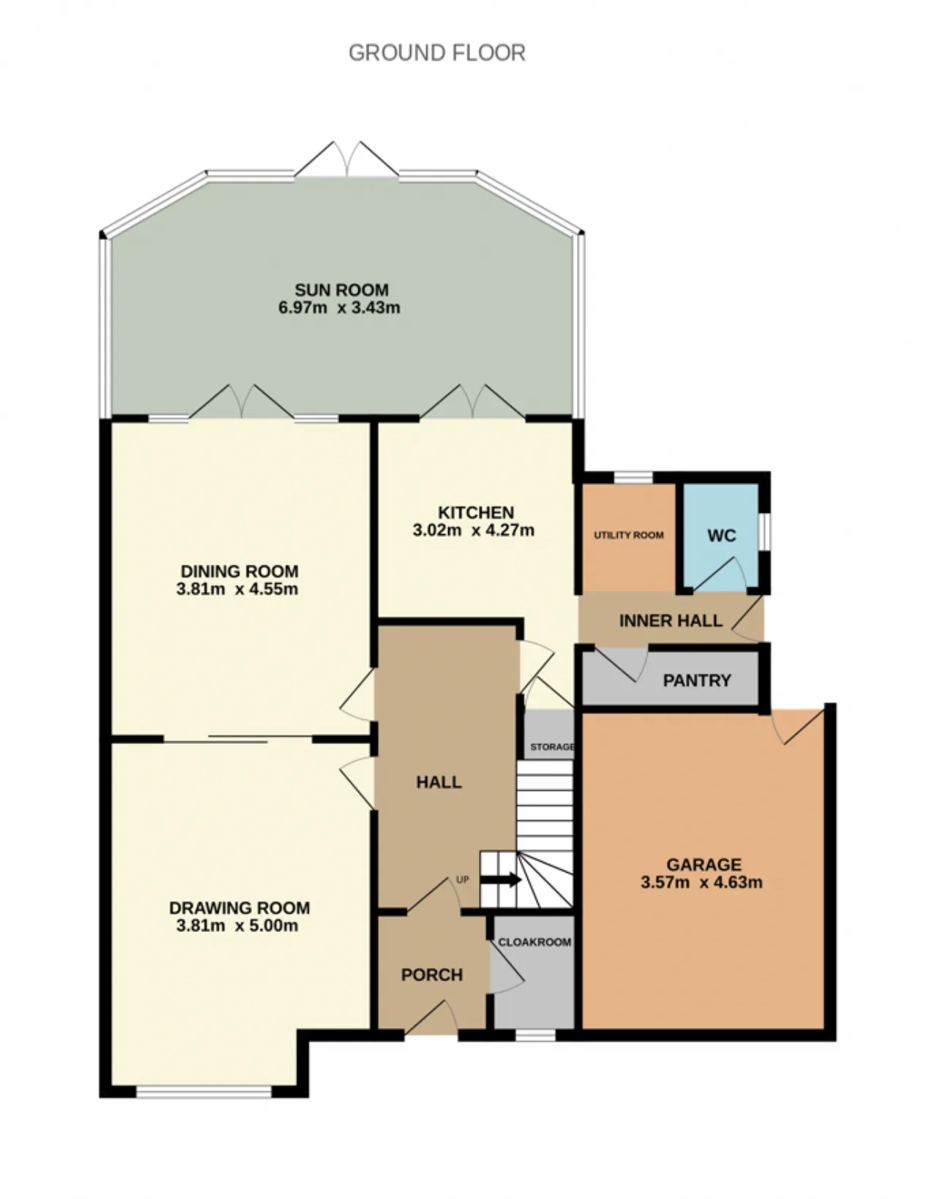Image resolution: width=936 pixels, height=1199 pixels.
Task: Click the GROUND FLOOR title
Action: [437, 53]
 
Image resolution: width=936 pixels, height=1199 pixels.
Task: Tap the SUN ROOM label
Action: [341, 290]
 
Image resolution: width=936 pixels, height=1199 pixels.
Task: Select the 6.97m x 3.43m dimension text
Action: [339, 307]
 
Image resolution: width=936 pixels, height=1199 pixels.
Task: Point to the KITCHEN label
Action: [476, 512]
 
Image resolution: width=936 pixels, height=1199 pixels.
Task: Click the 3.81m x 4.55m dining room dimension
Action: [237, 589]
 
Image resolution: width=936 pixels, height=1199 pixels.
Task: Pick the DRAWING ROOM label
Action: [239, 908]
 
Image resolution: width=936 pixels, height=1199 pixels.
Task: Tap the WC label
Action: [722, 535]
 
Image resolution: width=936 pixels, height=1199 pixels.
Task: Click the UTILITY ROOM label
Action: [629, 535]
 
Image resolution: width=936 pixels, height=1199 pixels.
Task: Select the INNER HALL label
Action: [671, 621]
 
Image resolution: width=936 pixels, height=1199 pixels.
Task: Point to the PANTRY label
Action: [697, 680]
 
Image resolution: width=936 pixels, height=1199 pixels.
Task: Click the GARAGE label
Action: [703, 865]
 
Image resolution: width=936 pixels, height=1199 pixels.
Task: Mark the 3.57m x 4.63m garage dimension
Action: [701, 882]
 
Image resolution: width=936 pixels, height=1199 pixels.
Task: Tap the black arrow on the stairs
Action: [500, 879]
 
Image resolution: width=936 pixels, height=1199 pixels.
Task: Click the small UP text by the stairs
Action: [463, 879]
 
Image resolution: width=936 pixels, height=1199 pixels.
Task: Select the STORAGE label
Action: [552, 747]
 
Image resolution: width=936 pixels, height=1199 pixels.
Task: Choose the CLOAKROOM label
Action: [535, 942]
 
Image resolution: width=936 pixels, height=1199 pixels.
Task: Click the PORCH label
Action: [432, 975]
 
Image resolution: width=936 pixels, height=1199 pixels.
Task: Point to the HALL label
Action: [439, 782]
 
